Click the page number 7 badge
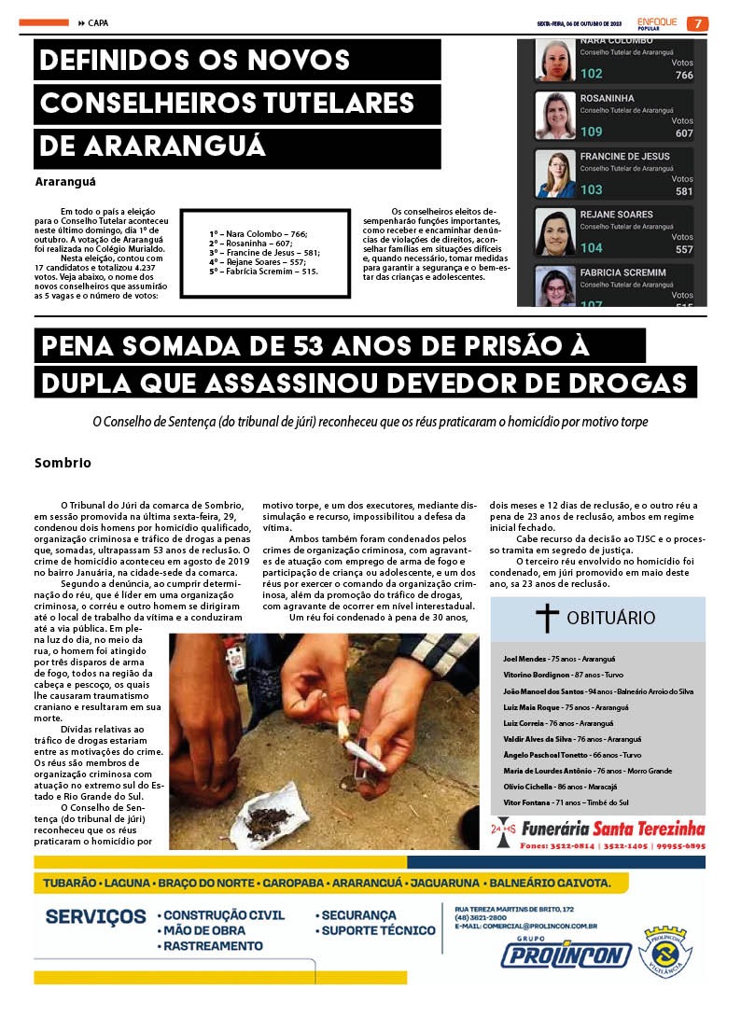697,23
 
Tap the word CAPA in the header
100,23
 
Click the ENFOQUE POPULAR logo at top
656,23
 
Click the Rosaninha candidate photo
555,116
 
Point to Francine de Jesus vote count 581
684,191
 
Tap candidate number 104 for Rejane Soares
592,248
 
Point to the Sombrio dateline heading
63,463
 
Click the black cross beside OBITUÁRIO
547,618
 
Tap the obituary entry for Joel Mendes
550,659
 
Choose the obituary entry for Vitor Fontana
566,802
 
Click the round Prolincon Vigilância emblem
667,953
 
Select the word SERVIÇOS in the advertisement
94,916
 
